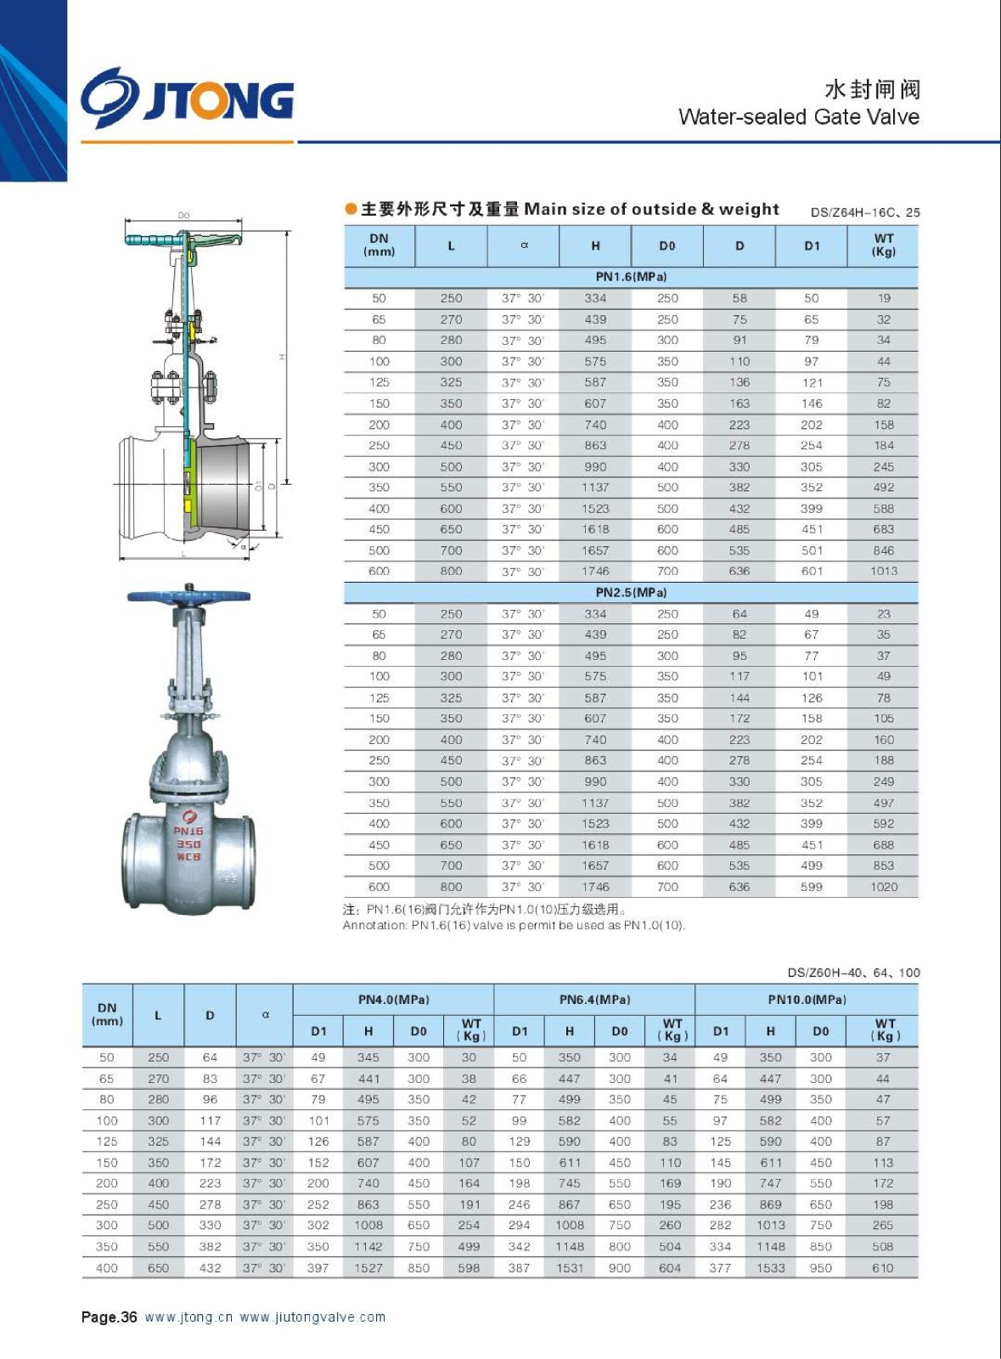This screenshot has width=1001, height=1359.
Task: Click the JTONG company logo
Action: (x=188, y=98)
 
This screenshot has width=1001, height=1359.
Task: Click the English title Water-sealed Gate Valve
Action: (x=798, y=116)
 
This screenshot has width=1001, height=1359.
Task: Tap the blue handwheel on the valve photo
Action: (x=189, y=595)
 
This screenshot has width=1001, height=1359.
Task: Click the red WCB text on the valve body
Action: (x=188, y=857)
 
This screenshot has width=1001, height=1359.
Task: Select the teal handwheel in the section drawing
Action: (x=183, y=239)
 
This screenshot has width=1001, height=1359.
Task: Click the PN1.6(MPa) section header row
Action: (x=631, y=277)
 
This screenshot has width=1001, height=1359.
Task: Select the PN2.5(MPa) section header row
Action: (x=631, y=592)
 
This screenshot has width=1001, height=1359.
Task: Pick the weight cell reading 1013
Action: (x=883, y=571)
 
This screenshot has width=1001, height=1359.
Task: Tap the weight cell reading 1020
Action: (x=883, y=887)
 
